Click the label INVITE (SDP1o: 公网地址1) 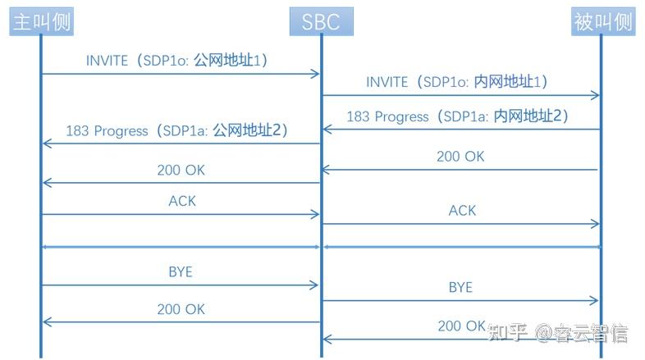(177, 61)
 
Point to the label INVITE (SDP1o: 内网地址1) (457, 82)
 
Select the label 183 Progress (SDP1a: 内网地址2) (457, 116)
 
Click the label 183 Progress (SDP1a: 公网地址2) (177, 130)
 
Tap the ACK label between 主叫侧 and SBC (182, 200)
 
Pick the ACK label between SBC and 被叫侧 (462, 211)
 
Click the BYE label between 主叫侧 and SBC (180, 271)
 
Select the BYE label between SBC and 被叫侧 (460, 287)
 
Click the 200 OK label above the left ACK (181, 171)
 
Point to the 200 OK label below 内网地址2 (460, 157)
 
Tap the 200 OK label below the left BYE (181, 309)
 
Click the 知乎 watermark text (506, 332)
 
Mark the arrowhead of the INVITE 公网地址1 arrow (314, 74)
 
